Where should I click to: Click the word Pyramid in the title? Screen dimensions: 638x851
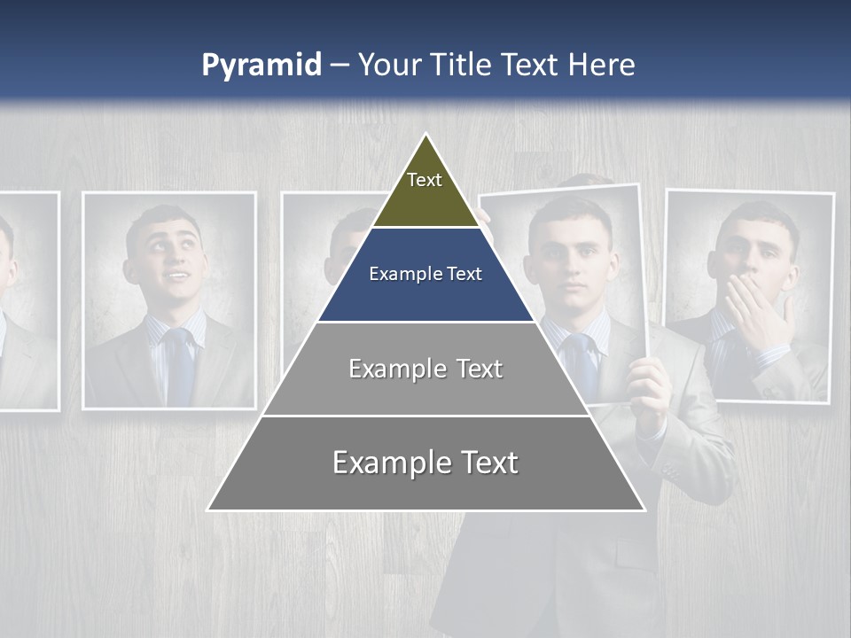click(x=262, y=66)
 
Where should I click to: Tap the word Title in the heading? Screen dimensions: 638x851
click(x=462, y=66)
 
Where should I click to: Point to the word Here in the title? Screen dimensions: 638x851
click(x=602, y=66)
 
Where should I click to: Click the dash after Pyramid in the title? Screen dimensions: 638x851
click(x=340, y=66)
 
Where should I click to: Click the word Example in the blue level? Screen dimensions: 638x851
click(x=398, y=275)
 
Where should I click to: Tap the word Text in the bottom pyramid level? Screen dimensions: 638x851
click(x=487, y=463)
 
